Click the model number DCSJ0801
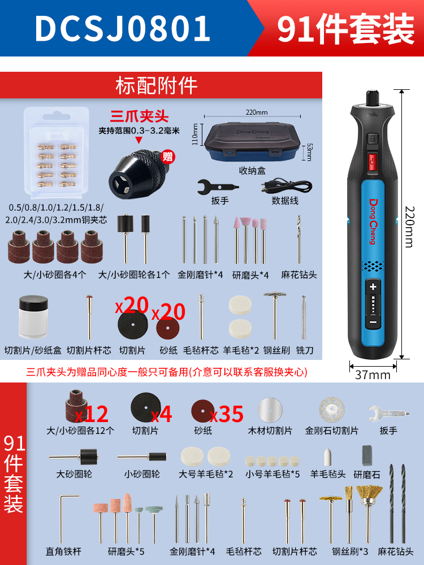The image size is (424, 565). (x=122, y=28)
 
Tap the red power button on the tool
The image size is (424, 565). (x=373, y=160)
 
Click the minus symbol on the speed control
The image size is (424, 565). (x=373, y=322)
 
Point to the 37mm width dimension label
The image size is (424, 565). (x=373, y=375)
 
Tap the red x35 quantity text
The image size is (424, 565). (x=227, y=414)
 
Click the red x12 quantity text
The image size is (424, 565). (x=92, y=414)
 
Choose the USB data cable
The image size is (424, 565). (x=287, y=185)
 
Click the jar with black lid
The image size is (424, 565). (x=33, y=317)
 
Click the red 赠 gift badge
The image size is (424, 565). (x=168, y=157)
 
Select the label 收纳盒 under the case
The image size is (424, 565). (x=252, y=171)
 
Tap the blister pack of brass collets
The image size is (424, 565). (x=56, y=152)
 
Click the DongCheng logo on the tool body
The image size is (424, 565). (x=373, y=221)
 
